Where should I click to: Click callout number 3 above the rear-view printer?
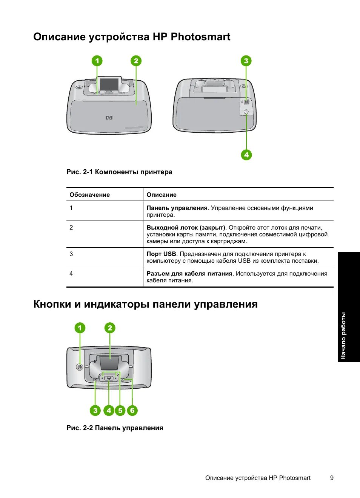pos(246,61)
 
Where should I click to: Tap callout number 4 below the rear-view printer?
pos(246,155)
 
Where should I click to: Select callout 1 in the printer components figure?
pos(97,61)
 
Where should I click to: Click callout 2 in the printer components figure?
pos(136,61)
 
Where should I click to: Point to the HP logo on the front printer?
pos(109,118)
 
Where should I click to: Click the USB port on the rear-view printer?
pos(246,102)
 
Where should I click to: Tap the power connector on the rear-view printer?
pos(246,112)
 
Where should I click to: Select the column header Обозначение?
pos(89,195)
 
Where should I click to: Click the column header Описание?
pos(162,195)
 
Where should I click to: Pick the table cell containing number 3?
pos(71,254)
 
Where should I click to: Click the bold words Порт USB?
pos(161,254)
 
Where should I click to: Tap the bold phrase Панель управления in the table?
pos(177,208)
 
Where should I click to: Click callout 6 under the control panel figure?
pos(132,410)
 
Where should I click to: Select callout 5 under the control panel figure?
pos(120,410)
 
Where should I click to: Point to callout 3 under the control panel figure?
pos(95,410)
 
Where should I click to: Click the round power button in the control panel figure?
pos(80,367)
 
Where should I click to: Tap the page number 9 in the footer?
pos(332,478)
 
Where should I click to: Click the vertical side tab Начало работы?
pos(343,336)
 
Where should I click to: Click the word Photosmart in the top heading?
pos(200,37)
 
